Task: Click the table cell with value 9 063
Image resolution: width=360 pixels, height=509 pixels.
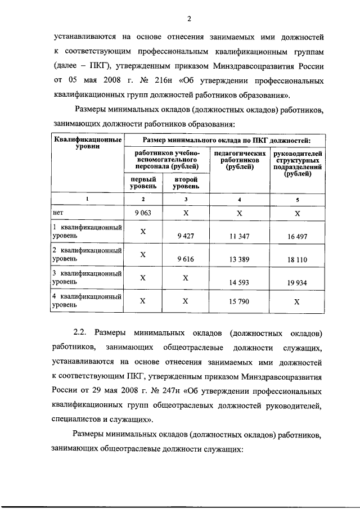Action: tap(143, 213)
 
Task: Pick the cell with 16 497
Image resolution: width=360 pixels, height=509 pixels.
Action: tap(297, 236)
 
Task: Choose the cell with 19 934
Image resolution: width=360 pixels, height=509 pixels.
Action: tap(297, 283)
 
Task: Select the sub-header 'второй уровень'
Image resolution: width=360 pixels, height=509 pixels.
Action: tap(185, 182)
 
